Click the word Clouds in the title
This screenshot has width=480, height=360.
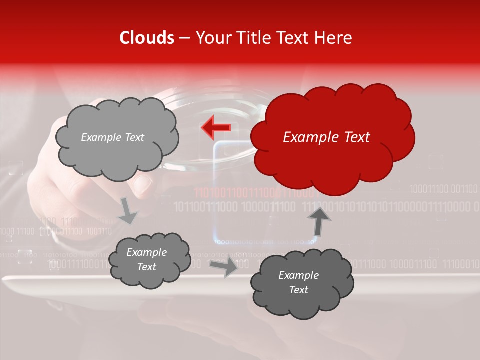[147, 38]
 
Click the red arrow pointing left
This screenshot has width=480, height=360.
[216, 128]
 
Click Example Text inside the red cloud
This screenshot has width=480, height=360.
[326, 137]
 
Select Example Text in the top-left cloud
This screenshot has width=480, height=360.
[112, 137]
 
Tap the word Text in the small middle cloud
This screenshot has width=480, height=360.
[146, 267]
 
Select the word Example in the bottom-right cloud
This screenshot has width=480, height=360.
[298, 275]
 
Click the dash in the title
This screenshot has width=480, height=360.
[184, 38]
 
